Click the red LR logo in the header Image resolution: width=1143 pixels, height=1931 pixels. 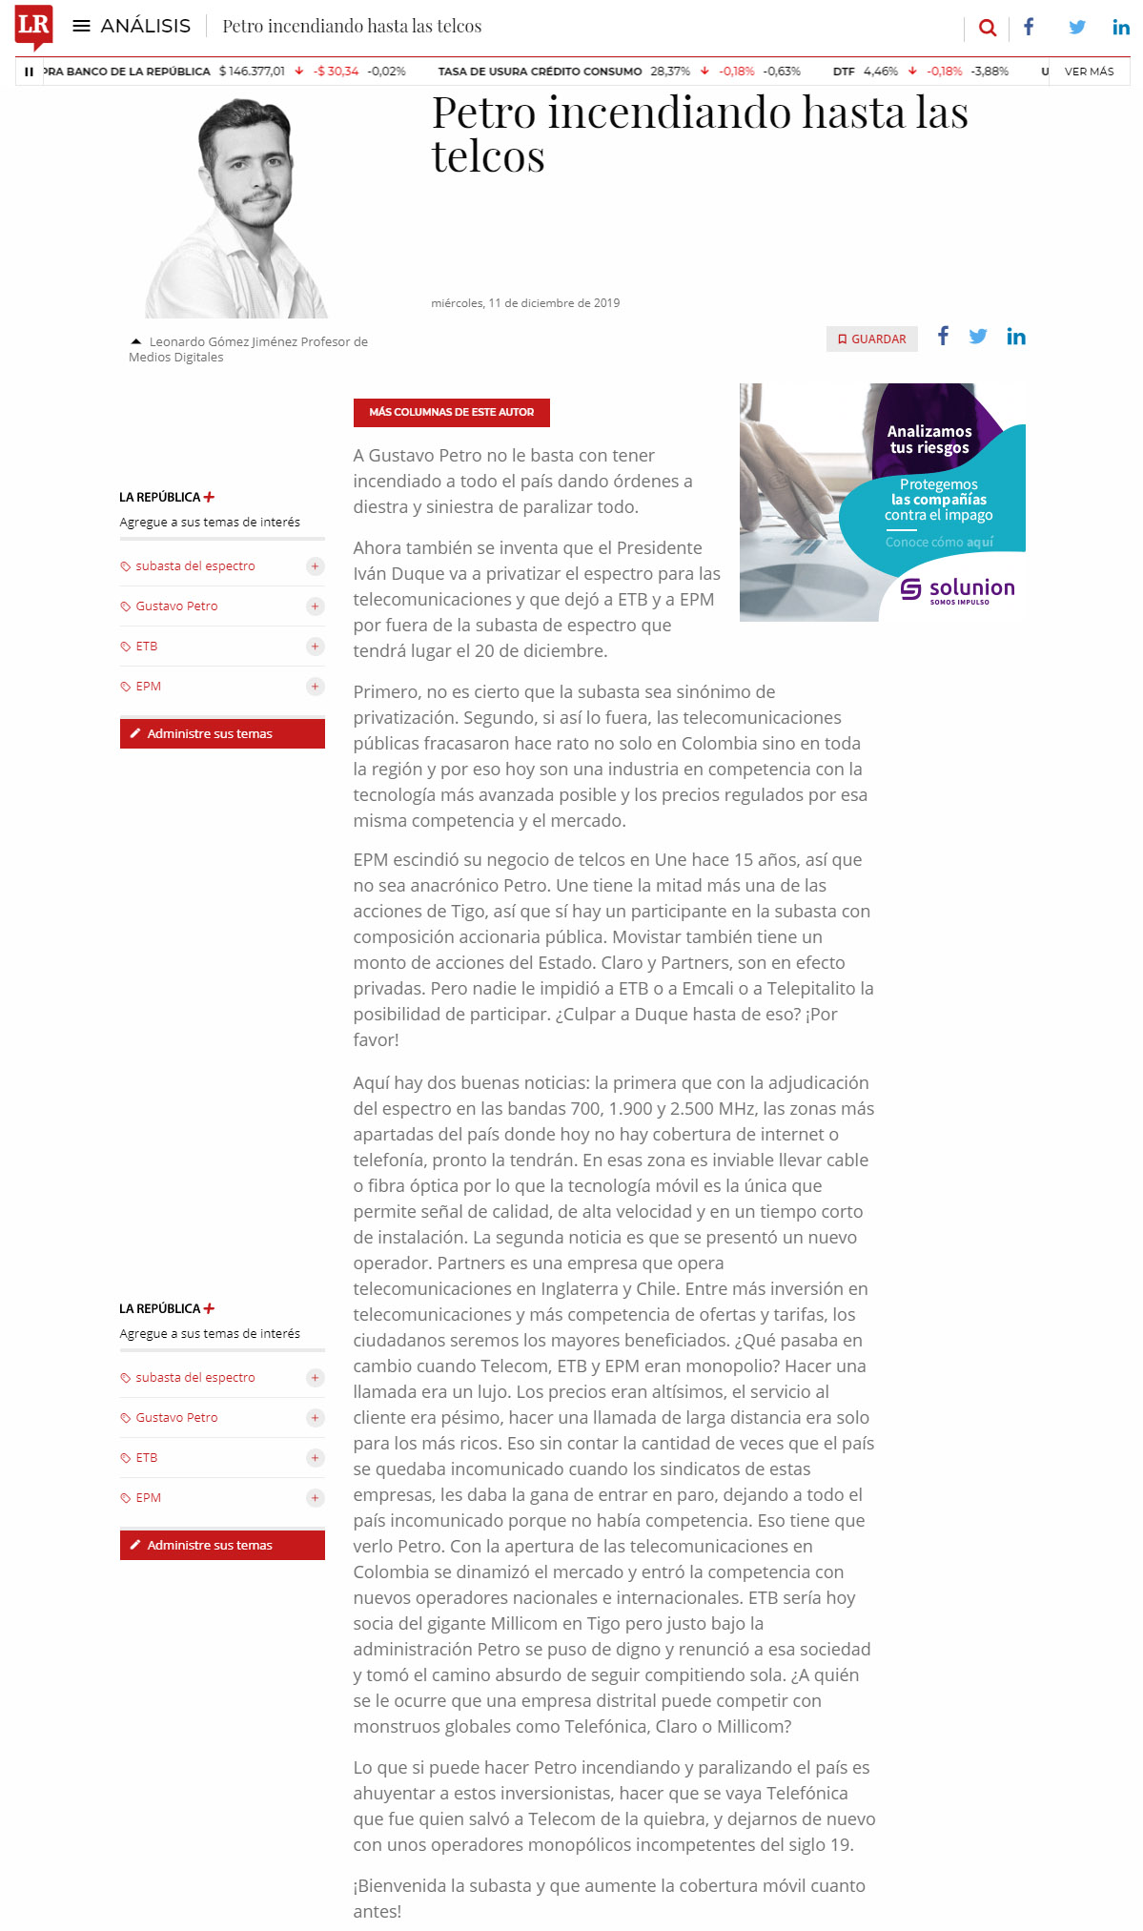coord(33,26)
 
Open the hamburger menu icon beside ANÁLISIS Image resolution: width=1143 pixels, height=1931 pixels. coord(82,27)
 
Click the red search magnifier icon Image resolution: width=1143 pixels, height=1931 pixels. coord(988,28)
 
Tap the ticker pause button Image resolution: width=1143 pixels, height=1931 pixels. coord(29,72)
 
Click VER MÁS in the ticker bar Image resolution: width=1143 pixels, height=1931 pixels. coord(1089,72)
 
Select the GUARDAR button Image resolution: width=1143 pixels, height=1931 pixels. coord(871,339)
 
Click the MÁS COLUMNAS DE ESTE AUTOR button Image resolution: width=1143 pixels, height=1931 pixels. coord(451,412)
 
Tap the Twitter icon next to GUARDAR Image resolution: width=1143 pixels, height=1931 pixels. coord(978,337)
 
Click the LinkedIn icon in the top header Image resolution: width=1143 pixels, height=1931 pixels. coord(1121,28)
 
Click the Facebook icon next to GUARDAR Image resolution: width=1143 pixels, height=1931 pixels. coord(943,336)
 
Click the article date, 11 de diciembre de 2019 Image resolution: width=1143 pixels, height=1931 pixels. coord(525,303)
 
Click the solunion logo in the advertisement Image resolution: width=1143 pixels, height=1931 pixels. coord(958,589)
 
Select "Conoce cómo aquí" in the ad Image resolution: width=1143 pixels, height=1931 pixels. coord(939,542)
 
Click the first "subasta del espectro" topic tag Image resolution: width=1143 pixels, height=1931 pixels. coord(194,566)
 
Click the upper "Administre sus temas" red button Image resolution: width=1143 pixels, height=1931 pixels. coord(222,733)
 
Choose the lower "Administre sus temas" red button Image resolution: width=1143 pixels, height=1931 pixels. coord(222,1545)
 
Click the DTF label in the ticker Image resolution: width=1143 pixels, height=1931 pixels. coord(844,72)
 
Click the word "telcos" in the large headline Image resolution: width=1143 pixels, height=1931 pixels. coord(488,156)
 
